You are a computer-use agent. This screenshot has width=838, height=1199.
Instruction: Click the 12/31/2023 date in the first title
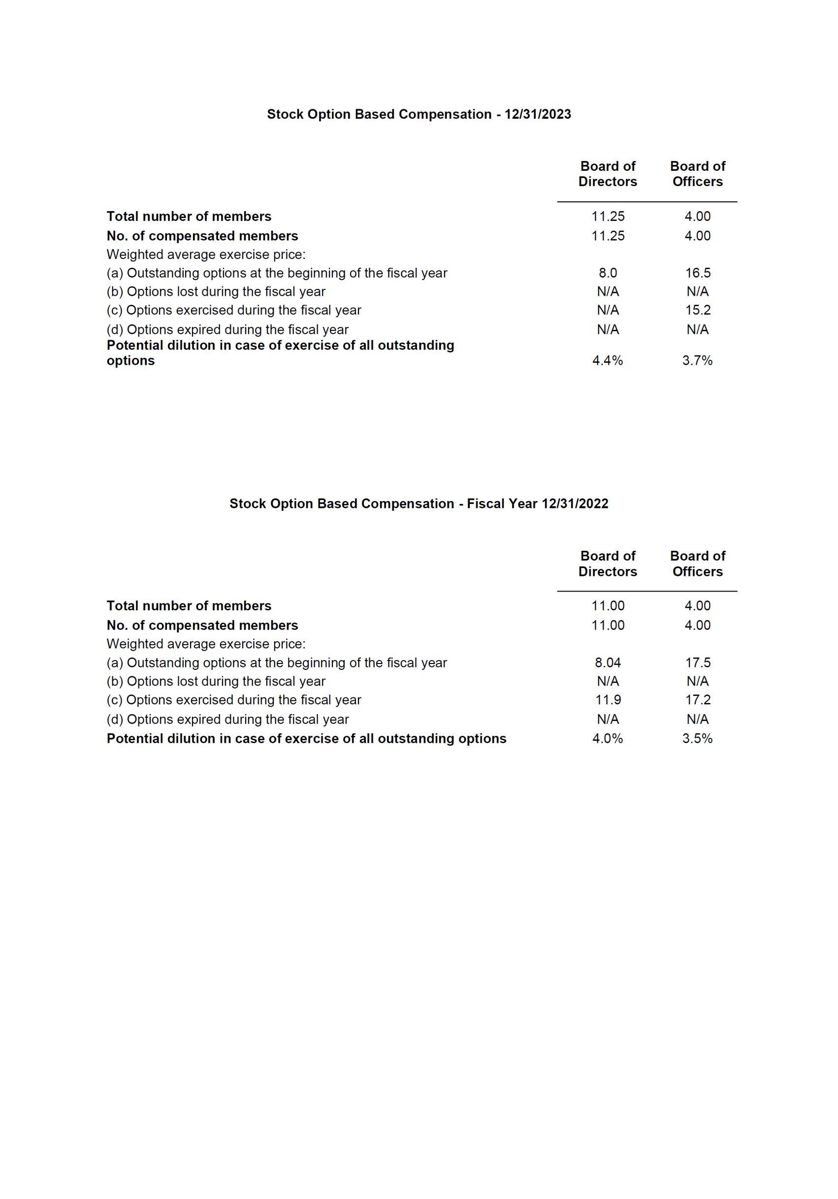tap(538, 114)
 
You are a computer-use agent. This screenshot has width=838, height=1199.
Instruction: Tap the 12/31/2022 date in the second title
tap(575, 504)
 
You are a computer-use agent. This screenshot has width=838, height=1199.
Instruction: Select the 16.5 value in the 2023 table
tap(698, 273)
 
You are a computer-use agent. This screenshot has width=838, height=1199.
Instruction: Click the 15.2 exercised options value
tap(698, 310)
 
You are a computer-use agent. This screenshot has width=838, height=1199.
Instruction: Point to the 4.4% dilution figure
tap(608, 361)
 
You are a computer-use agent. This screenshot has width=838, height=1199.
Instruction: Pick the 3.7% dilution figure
tap(698, 361)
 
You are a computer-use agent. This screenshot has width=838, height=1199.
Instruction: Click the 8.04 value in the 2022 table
tap(608, 663)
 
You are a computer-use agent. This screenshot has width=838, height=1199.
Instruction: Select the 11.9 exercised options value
tap(608, 700)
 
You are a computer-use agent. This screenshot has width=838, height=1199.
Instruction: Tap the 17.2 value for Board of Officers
tap(698, 700)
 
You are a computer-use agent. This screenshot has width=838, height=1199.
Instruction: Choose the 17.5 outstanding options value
tap(698, 663)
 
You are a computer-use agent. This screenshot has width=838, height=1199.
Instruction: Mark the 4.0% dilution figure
tap(608, 738)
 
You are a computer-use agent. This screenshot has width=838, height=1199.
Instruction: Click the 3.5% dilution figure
tap(698, 738)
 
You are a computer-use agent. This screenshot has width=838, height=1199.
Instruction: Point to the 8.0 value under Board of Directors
tap(608, 273)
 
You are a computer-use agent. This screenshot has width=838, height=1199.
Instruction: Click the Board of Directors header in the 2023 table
tap(608, 174)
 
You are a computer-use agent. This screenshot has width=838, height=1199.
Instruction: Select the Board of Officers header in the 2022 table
tap(698, 564)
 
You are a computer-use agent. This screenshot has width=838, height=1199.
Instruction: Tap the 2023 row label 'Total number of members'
tap(189, 217)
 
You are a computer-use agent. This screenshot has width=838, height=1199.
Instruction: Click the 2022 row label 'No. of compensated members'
tap(202, 626)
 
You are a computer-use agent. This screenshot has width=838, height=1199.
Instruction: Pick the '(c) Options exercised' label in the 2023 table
tap(233, 310)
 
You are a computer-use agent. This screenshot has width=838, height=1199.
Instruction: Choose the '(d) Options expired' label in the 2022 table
tap(227, 720)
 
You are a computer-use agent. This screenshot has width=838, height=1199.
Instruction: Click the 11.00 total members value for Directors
tap(608, 606)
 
